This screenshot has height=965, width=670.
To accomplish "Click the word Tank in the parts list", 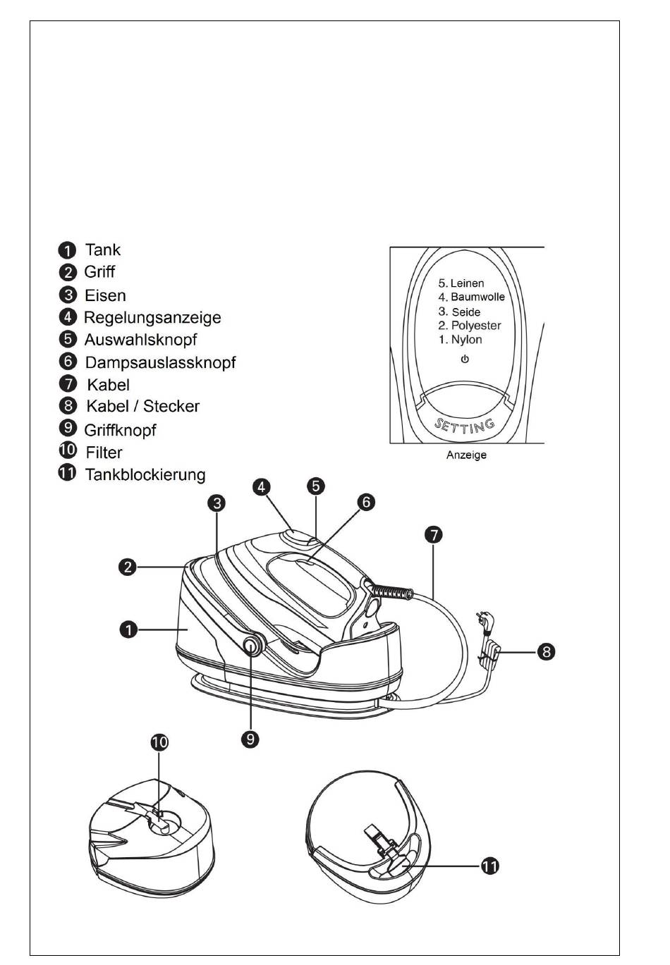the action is coord(102,250).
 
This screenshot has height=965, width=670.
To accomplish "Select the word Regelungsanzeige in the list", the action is coord(152,318).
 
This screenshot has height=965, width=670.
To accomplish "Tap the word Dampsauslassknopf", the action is coord(160,362).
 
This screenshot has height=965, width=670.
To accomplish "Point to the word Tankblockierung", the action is coord(145,474).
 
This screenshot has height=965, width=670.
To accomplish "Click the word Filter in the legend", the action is coord(104,453).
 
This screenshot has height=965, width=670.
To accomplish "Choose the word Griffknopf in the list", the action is coord(120,430).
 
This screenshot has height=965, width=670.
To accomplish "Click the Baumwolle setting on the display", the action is coord(477,297).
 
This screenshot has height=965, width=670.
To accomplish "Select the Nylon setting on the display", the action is coord(466,340).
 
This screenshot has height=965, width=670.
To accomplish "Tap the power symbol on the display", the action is coord(465,359).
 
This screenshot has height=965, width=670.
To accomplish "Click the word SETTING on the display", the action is coord(465,426).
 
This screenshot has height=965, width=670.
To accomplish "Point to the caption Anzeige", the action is coord(466,455).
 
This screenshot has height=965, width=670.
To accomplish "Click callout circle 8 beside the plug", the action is coord(546,652).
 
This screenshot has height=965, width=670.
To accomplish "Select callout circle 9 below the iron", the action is coord(250,739).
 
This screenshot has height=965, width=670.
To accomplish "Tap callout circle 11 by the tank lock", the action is coord(490,866).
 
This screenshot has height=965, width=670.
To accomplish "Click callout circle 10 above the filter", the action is coord(159,742).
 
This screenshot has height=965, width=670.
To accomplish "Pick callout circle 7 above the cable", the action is coord(433,535).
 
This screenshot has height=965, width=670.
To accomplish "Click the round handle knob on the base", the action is coord(251,644).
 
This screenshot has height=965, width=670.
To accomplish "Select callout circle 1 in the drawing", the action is coord(128,630).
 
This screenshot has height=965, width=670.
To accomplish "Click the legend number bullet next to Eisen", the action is coord(68,295).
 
